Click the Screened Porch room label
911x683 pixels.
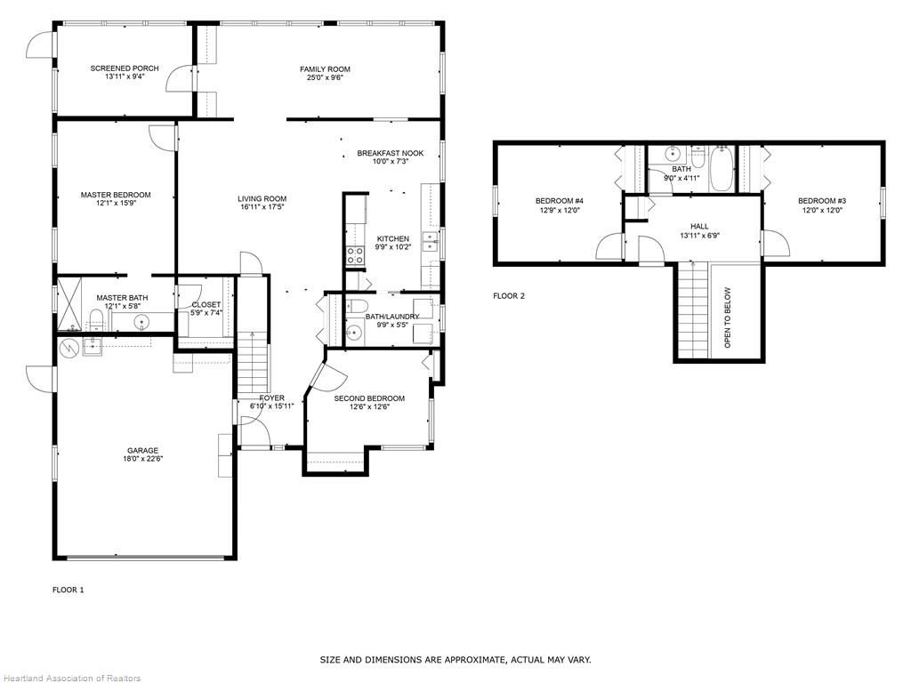(x=125, y=68)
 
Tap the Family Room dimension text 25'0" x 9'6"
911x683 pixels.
(x=325, y=78)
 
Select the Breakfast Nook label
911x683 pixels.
(x=391, y=153)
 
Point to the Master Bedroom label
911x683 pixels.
(x=116, y=195)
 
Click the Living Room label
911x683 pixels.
(x=262, y=198)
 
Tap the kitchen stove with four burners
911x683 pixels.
(x=355, y=256)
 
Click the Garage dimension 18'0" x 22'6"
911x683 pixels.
(x=142, y=459)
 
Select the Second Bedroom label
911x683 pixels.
(x=369, y=398)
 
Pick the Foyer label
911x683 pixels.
(x=271, y=398)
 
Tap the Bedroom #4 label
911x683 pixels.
(x=559, y=201)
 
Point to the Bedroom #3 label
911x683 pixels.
(x=821, y=201)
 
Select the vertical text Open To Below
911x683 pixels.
(x=728, y=317)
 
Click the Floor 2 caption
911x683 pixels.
(x=509, y=295)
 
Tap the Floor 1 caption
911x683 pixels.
(x=68, y=590)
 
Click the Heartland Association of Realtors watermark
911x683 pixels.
(x=71, y=678)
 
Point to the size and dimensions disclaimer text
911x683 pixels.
(x=455, y=660)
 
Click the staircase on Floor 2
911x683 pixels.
(x=693, y=311)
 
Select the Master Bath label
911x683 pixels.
(x=122, y=298)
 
